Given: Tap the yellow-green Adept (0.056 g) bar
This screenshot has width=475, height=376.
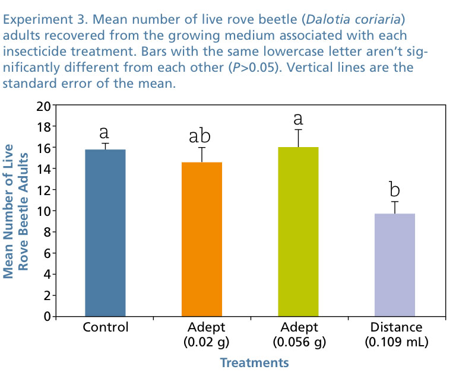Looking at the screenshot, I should click(298, 231).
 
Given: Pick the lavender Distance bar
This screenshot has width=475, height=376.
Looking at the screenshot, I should click(395, 265).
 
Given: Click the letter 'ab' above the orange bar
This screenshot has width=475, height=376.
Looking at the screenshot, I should click(202, 136).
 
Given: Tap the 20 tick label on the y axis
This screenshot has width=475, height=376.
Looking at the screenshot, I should click(43, 106).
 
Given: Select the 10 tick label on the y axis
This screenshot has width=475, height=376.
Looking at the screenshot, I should click(43, 211).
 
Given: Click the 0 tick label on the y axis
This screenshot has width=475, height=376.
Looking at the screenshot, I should click(46, 316).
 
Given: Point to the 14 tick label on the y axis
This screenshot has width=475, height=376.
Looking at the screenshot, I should click(43, 169).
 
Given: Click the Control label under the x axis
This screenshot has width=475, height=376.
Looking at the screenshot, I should click(106, 327).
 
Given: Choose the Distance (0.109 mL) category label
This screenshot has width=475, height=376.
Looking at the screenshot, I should click(396, 334).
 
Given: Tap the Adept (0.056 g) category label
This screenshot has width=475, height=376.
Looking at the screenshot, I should click(299, 334).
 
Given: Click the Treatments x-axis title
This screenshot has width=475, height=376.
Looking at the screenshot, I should click(254, 362).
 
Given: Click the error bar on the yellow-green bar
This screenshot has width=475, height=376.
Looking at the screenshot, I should click(298, 138).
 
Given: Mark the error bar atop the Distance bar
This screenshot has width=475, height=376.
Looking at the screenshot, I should click(395, 207).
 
